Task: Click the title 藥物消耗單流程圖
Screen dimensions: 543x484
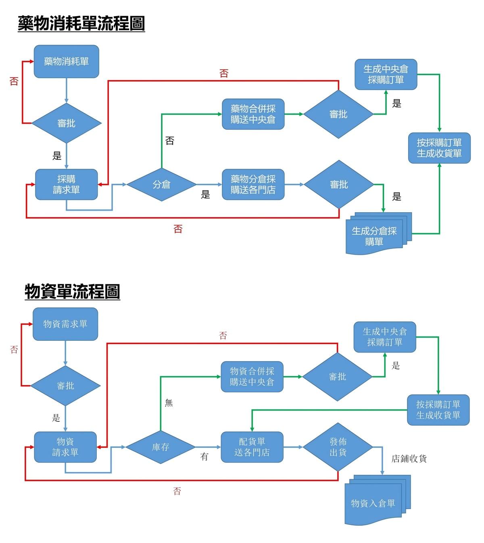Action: click(81, 23)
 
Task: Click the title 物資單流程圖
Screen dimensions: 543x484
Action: click(72, 291)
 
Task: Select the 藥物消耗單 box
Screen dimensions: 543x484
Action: click(66, 62)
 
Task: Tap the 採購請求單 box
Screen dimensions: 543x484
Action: click(66, 184)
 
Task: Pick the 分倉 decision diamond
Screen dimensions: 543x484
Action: click(161, 184)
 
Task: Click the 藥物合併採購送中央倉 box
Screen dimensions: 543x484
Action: click(253, 114)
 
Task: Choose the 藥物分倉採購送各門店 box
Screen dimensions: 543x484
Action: click(253, 184)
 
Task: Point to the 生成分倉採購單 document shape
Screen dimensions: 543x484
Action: click(374, 236)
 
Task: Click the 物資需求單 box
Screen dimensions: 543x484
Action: click(65, 324)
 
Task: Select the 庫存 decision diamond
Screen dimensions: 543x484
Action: click(161, 447)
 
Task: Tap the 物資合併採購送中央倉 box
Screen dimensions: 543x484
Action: click(252, 377)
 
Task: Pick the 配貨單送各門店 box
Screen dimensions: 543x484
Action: click(252, 447)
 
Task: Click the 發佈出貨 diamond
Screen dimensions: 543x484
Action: click(338, 447)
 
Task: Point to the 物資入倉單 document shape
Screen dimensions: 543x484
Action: click(373, 503)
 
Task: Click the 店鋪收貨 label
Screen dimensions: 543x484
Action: click(409, 459)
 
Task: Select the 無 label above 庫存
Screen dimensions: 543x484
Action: click(169, 402)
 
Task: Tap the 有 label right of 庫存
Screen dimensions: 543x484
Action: click(204, 457)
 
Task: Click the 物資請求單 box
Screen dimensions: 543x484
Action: click(65, 447)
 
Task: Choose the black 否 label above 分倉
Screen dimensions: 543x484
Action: click(170, 141)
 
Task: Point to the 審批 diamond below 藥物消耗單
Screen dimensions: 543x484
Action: click(66, 123)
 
